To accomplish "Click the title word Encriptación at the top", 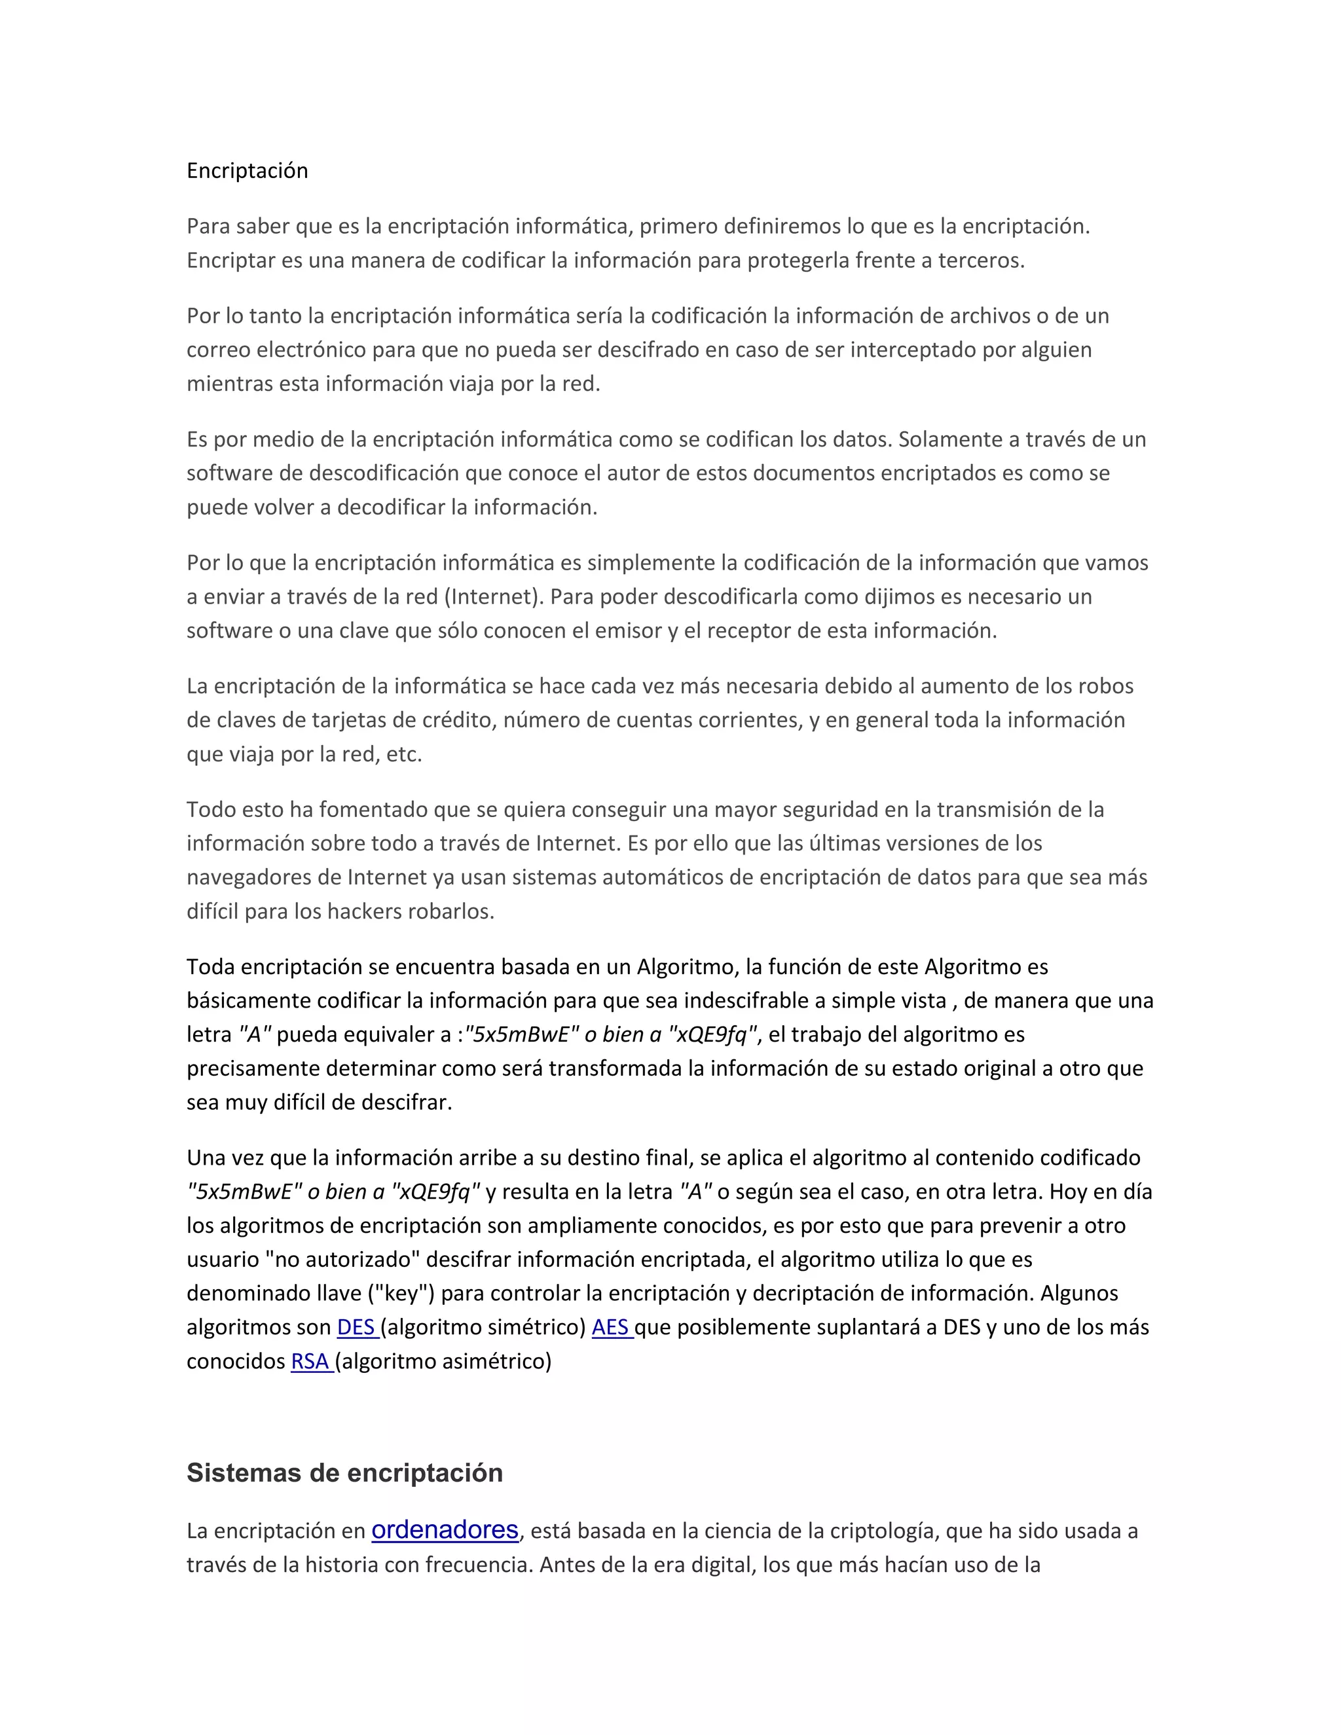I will pyautogui.click(x=247, y=171).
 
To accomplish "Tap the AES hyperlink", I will pyautogui.click(x=610, y=1328).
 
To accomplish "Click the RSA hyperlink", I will pyautogui.click(x=310, y=1362).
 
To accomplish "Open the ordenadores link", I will pyautogui.click(x=445, y=1529).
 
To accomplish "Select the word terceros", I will pyautogui.click(x=980, y=261).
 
